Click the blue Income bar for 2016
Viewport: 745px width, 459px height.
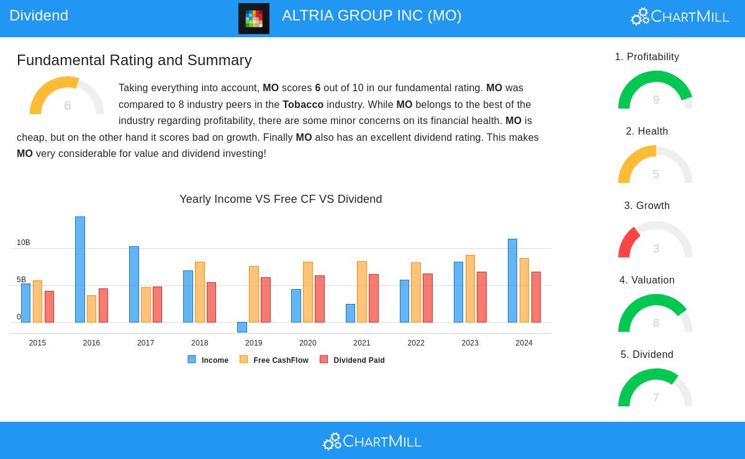click(x=80, y=269)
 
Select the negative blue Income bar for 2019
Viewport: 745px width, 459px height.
click(x=242, y=327)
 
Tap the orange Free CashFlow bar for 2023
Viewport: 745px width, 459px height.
click(x=470, y=288)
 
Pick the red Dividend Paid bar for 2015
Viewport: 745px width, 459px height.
click(x=49, y=306)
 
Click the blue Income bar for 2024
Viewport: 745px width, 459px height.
click(x=512, y=280)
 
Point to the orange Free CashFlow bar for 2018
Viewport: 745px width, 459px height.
click(x=199, y=292)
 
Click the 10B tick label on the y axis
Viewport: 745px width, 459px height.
click(x=24, y=243)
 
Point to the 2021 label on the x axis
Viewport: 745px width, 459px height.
click(x=362, y=343)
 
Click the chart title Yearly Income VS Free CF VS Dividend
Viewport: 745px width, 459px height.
click(x=281, y=199)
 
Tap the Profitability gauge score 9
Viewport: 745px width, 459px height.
click(x=656, y=100)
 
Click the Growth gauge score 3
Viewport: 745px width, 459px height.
click(x=656, y=249)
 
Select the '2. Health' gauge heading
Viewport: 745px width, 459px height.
click(x=647, y=131)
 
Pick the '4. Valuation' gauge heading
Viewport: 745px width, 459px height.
click(x=647, y=280)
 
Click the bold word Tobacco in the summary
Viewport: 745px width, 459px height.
click(x=303, y=104)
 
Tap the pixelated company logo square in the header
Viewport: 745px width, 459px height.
click(x=254, y=19)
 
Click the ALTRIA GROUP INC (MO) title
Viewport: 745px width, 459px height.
click(x=371, y=16)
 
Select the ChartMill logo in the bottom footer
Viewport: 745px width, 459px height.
click(x=372, y=441)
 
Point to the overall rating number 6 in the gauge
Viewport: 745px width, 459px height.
click(x=67, y=105)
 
